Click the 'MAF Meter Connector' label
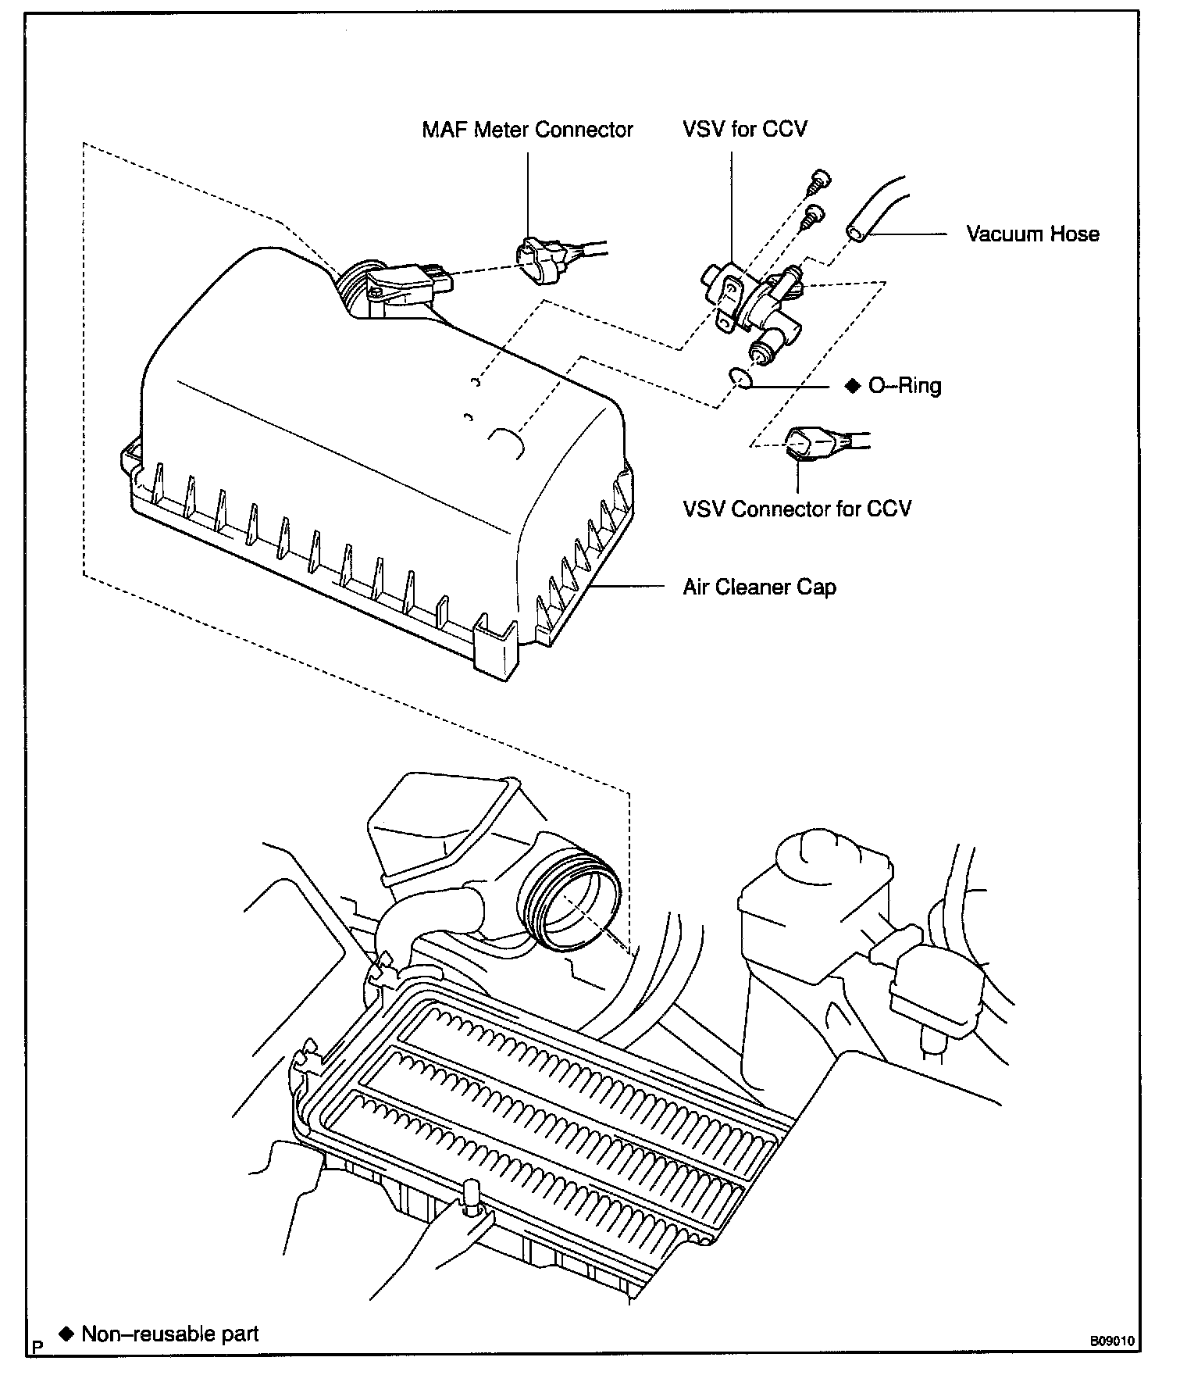pyautogui.click(x=527, y=130)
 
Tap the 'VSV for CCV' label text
pyautogui.click(x=744, y=129)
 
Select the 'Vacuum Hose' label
pyautogui.click(x=1032, y=234)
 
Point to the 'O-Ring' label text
pyautogui.click(x=905, y=385)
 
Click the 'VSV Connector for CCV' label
pyautogui.click(x=797, y=509)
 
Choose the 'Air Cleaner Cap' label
pyautogui.click(x=759, y=587)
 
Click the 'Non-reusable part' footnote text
pyautogui.click(x=169, y=1334)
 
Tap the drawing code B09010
pyautogui.click(x=1112, y=1341)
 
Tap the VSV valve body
pyautogui.click(x=750, y=301)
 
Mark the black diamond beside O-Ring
pyautogui.click(x=852, y=385)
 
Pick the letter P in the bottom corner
pyautogui.click(x=36, y=1346)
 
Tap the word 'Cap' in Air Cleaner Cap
pyautogui.click(x=817, y=587)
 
